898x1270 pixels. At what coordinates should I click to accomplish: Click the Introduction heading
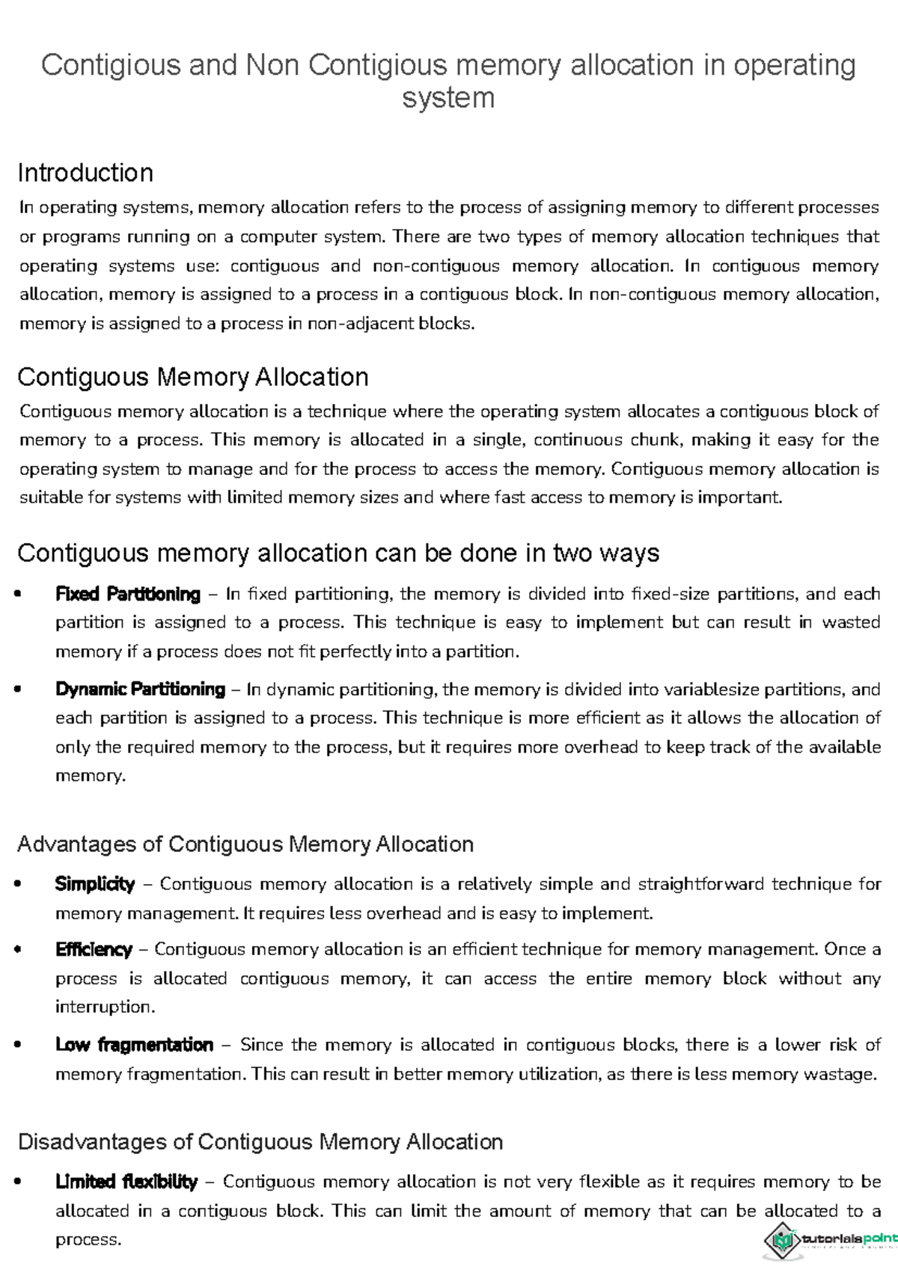coord(85,174)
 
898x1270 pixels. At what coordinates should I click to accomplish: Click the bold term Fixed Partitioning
coord(128,595)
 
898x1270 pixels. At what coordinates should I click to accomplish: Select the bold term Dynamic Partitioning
coord(140,690)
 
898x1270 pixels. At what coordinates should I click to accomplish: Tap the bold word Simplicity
coord(95,885)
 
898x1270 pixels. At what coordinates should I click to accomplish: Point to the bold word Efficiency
coord(94,950)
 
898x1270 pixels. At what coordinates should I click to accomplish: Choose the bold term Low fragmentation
coord(134,1045)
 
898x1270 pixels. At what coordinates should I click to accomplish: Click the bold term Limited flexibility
coord(126,1182)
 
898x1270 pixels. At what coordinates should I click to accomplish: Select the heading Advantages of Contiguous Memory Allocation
coord(245,844)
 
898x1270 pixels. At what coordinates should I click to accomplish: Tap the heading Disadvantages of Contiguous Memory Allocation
coord(260,1142)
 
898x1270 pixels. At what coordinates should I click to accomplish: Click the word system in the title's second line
coord(448,98)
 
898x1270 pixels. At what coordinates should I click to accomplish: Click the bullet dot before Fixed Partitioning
coord(19,595)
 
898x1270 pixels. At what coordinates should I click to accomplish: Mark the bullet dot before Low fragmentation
coord(19,1046)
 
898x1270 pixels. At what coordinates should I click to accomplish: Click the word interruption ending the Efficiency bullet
coord(104,1007)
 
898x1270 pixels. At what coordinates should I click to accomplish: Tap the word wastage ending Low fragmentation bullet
coord(838,1075)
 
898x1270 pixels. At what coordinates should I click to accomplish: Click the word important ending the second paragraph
coord(739,498)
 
